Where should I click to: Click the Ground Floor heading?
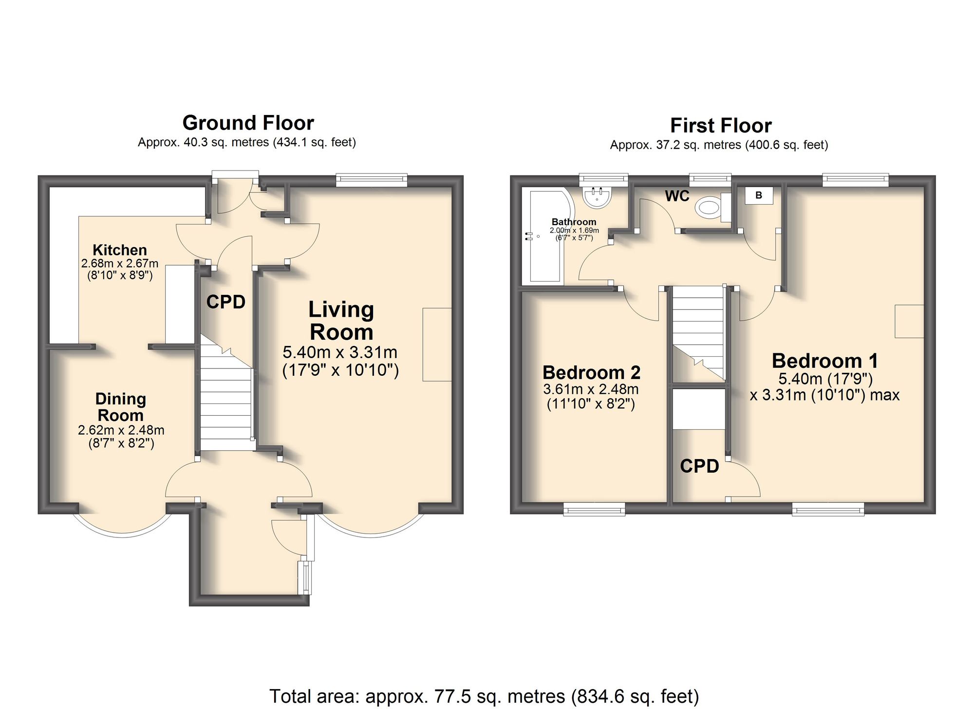[248, 123]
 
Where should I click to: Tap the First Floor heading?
[721, 126]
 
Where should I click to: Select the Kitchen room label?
[120, 250]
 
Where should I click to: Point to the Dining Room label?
[120, 407]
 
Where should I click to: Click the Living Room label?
[341, 321]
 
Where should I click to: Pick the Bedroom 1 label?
[825, 361]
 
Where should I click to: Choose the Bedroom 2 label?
[591, 373]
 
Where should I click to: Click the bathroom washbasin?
[597, 197]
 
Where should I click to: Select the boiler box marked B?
[759, 195]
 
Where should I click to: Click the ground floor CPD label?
[225, 302]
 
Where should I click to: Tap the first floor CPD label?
[699, 466]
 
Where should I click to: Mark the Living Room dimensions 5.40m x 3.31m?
[340, 352]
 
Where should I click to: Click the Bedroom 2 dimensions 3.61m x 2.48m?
[591, 389]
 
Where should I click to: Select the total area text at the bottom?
[484, 696]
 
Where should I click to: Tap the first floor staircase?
[698, 334]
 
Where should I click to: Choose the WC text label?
[677, 196]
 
